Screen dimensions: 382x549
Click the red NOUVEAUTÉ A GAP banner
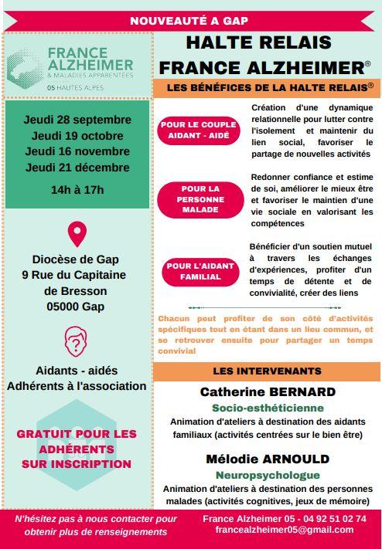(191, 21)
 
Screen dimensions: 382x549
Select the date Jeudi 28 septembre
(77, 120)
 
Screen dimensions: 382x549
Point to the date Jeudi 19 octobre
(77, 136)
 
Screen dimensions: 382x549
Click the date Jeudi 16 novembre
(77, 151)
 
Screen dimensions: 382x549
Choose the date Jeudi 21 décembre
(77, 168)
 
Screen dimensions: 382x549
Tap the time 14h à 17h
(77, 190)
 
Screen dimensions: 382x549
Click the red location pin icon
(77, 233)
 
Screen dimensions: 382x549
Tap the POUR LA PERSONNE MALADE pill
(201, 198)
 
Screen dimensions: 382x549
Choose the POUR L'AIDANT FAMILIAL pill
(200, 272)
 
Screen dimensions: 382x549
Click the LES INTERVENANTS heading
(267, 371)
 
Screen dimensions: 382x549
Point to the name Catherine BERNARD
(268, 392)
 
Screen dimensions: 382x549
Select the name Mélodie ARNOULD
(268, 459)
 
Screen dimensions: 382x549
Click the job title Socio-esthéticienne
(268, 408)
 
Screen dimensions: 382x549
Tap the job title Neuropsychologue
(268, 475)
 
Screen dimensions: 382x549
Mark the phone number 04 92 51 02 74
(334, 518)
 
